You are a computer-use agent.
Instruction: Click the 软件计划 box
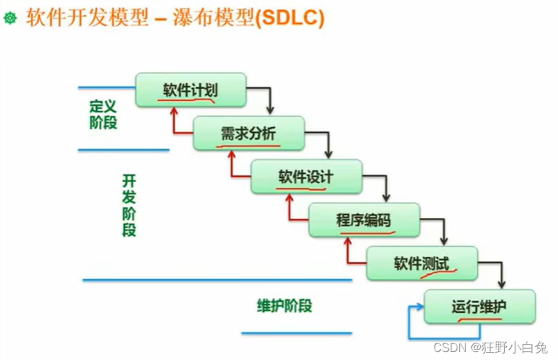pyautogui.click(x=191, y=90)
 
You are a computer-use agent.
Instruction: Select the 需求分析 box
pyautogui.click(x=248, y=133)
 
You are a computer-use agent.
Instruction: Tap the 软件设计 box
pyautogui.click(x=306, y=177)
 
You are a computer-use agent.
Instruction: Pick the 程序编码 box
pyautogui.click(x=364, y=220)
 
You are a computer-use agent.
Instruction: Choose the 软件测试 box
pyautogui.click(x=421, y=263)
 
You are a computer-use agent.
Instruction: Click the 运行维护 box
pyautogui.click(x=479, y=306)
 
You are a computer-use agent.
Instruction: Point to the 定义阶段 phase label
pyautogui.click(x=103, y=114)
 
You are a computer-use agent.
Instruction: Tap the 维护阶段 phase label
pyautogui.click(x=285, y=306)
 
